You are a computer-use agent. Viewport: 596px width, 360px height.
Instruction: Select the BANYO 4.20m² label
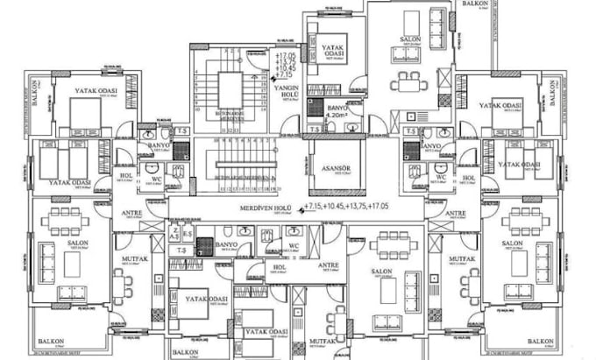pos(337,112)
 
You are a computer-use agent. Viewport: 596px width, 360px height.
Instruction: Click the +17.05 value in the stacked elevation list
pos(286,56)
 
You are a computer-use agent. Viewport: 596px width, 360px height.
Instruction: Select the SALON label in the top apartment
pos(410,40)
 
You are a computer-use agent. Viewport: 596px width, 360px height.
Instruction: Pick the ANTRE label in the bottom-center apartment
pos(328,265)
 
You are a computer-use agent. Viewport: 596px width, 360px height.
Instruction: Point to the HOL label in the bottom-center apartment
pos(280,267)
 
